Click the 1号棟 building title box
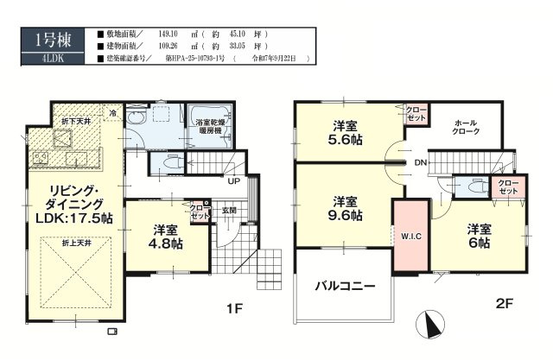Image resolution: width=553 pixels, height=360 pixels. [x=47, y=40]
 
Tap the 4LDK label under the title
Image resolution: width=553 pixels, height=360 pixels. [x=47, y=58]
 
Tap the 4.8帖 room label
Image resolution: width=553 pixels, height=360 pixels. [x=167, y=244]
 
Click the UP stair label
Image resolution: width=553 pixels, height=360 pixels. [x=234, y=181]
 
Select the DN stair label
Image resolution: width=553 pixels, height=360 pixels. [x=419, y=161]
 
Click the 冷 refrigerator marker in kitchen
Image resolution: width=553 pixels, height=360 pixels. [x=112, y=111]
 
